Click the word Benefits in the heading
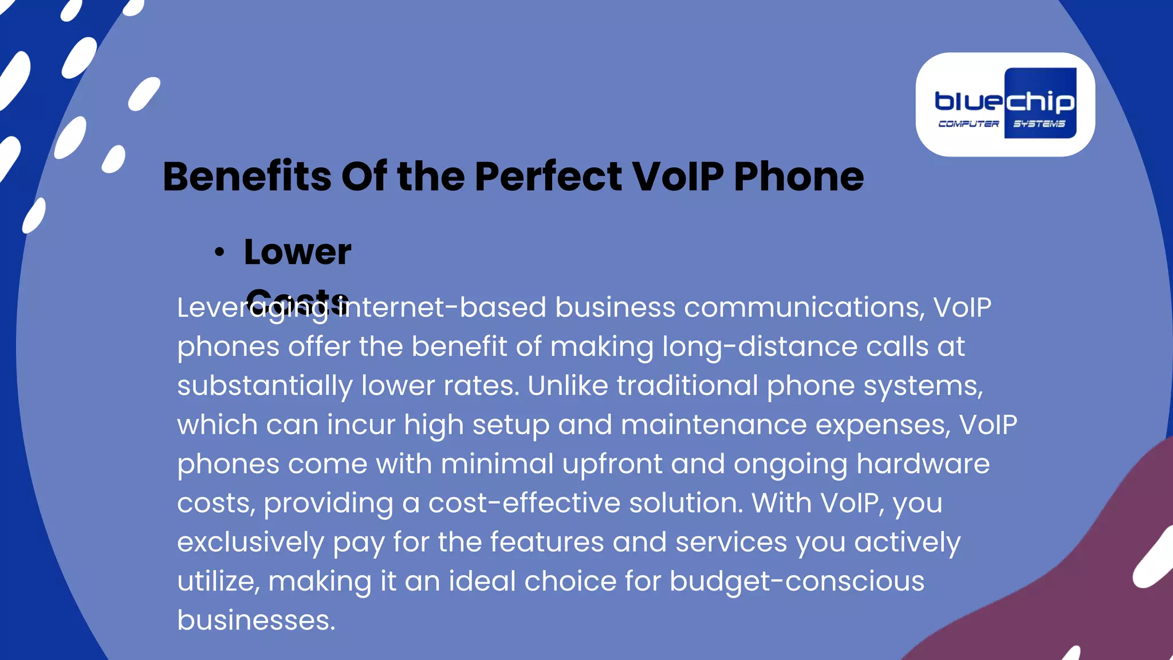coord(247,176)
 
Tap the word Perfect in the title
coord(548,176)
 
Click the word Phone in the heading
coord(798,176)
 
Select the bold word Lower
coord(297,252)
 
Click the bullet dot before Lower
coord(219,252)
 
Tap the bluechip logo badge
coord(1005,104)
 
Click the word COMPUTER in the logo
coord(968,124)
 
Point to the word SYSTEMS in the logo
coord(1039,124)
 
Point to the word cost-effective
coord(524,503)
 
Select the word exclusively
coord(250,542)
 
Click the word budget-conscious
coord(797,581)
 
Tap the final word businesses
coord(256,620)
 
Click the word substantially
coord(265,386)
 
